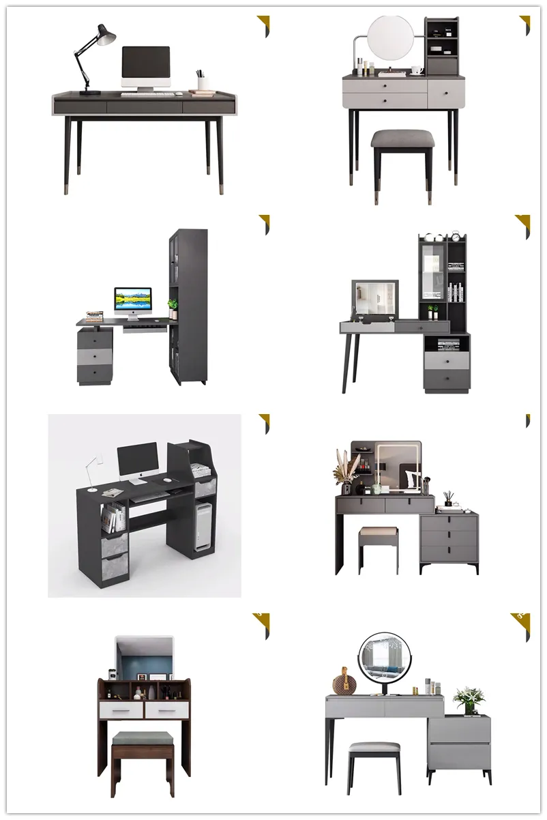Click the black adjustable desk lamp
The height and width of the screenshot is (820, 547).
[94, 55]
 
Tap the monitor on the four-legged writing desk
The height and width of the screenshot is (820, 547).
[145, 65]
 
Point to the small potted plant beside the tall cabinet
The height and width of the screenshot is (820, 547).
[173, 307]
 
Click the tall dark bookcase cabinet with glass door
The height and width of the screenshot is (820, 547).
[188, 307]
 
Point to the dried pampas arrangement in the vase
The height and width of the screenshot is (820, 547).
[345, 467]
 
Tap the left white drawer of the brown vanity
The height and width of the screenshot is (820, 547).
[121, 711]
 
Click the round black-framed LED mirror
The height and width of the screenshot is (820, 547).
[385, 656]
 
